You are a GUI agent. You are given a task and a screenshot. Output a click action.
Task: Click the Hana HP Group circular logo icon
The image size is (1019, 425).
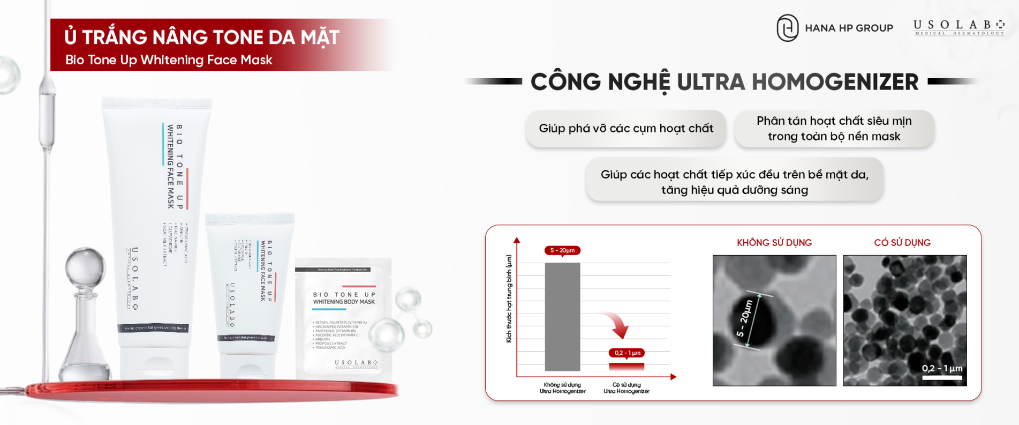[787, 28]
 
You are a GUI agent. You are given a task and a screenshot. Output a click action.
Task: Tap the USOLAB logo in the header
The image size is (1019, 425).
[958, 27]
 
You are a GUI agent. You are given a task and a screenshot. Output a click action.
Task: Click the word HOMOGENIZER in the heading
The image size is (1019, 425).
[835, 82]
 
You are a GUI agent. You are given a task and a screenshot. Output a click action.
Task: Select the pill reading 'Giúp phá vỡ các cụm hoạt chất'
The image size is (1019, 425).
[625, 129]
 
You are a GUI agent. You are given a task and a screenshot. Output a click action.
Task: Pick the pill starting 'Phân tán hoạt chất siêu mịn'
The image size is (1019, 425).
[834, 129]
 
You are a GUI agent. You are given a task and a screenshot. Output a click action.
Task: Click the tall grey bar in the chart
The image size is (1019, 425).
[562, 316]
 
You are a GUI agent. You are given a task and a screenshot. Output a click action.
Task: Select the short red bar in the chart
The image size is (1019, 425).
[627, 367]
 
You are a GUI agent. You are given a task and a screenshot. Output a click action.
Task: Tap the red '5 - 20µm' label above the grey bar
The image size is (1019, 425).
[562, 250]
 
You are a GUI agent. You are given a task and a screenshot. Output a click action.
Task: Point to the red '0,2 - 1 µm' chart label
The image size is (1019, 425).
[627, 353]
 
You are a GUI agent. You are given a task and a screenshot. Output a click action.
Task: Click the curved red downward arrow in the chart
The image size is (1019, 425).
[616, 324]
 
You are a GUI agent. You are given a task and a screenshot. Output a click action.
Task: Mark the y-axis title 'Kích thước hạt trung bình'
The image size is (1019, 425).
[509, 299]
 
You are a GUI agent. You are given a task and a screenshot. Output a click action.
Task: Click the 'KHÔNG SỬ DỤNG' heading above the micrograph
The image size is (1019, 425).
[774, 243]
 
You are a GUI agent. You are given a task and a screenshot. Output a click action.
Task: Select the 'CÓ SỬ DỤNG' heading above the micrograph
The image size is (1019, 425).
[902, 243]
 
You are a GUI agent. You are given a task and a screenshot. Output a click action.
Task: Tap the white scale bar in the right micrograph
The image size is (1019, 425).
[942, 378]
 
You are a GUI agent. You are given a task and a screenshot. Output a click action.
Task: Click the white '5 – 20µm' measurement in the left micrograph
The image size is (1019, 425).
[745, 319]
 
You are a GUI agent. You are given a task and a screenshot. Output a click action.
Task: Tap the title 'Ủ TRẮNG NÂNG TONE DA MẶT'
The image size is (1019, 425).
[202, 38]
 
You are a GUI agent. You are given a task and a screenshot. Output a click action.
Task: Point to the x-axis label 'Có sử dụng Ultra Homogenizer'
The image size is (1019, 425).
[627, 388]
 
